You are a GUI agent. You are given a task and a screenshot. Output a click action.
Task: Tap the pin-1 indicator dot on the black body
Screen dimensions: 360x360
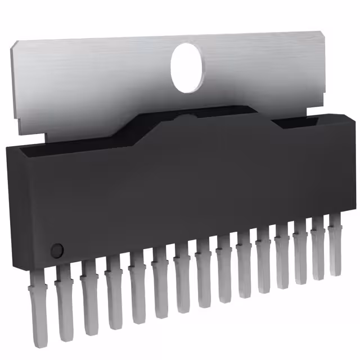click(56, 250)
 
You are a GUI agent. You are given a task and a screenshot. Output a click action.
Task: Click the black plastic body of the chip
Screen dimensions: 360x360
click(169, 186)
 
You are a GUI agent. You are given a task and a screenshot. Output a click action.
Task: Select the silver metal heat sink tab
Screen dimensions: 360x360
click(101, 84)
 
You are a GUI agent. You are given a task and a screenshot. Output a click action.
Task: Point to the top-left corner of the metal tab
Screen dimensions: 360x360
click(13, 46)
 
